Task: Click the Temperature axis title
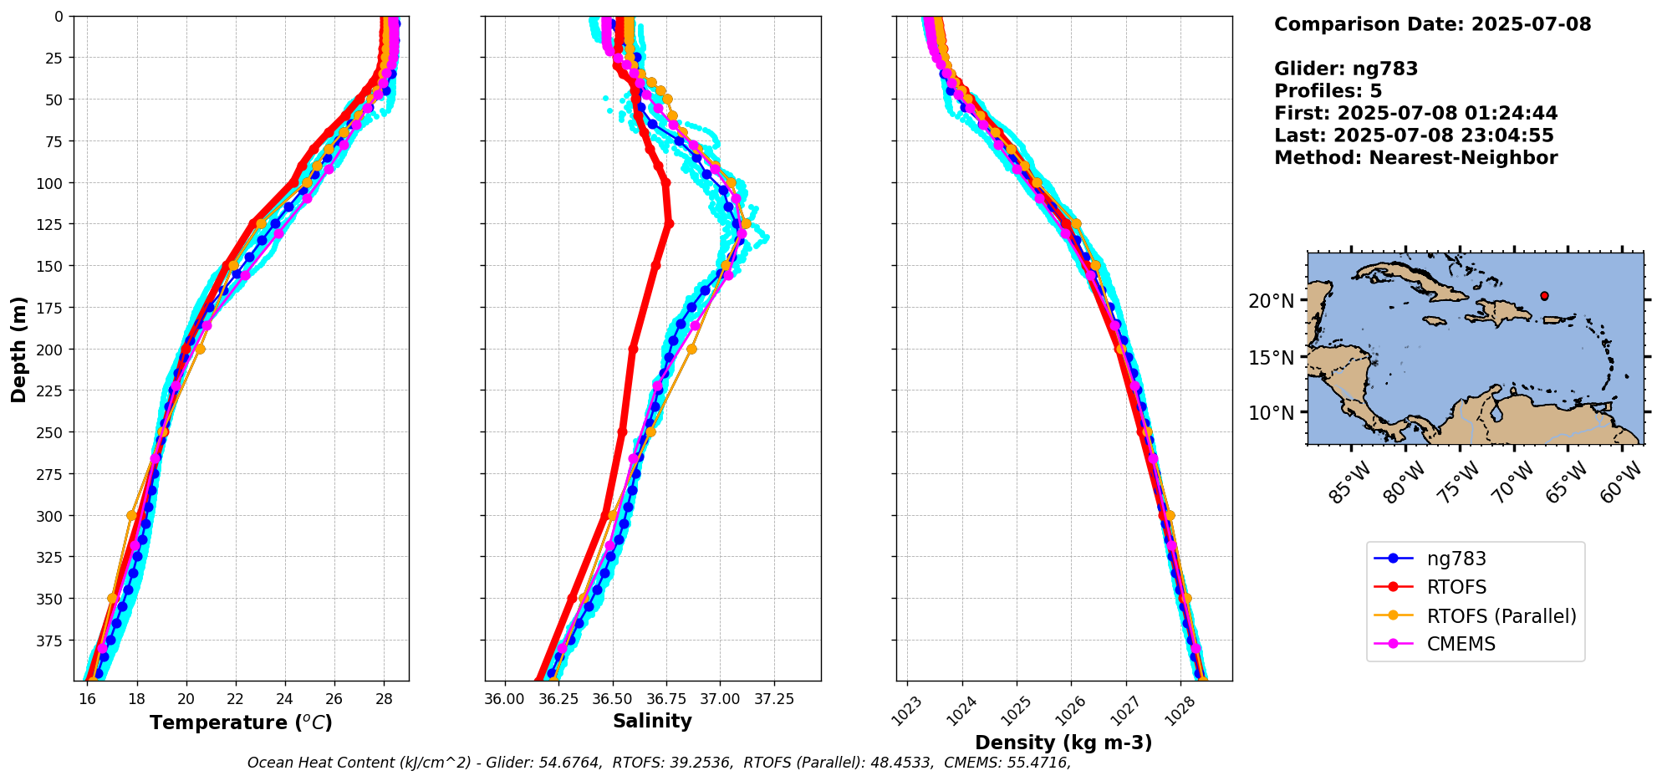coord(241,722)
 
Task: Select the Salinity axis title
coord(652,721)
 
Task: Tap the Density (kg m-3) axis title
coord(1063,743)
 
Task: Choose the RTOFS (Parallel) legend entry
coord(1476,615)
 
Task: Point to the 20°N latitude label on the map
coord(1271,300)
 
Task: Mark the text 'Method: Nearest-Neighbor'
coord(1415,158)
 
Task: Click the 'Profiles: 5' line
coord(1328,91)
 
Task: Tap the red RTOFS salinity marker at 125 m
coord(669,223)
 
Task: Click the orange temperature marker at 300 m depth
coord(131,515)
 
